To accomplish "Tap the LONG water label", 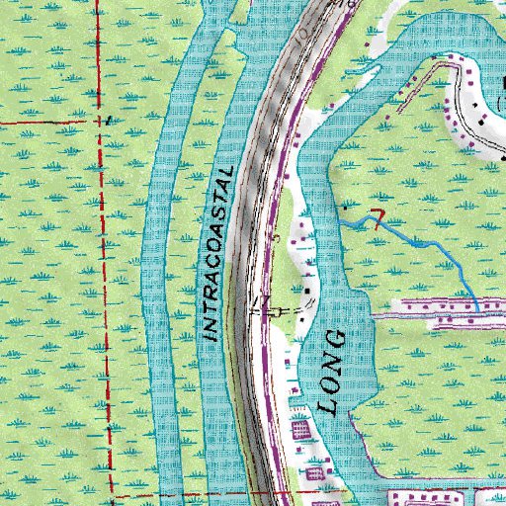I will pos(333,372).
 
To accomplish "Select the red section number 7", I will pos(376,217).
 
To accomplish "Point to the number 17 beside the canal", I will pos(260,300).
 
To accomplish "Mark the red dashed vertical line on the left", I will pos(105,296).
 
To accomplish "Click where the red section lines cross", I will pos(104,120).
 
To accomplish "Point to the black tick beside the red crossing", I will pos(111,120).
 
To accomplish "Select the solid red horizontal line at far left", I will pos(40,120).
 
